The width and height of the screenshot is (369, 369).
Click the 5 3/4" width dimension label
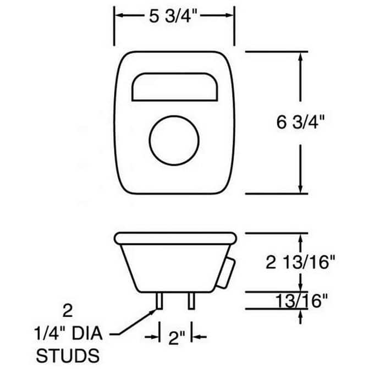pos(173,16)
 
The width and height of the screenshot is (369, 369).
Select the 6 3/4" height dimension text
pos(300,122)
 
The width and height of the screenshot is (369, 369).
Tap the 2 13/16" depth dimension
pos(300,262)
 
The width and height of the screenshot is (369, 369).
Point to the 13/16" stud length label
pos(301,300)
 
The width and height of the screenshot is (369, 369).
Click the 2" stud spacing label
pos(177,338)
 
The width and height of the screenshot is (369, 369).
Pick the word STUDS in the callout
pos(68,355)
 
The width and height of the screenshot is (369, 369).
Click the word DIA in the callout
pos(87,333)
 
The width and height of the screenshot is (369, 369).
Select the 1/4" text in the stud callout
pos(49,333)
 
